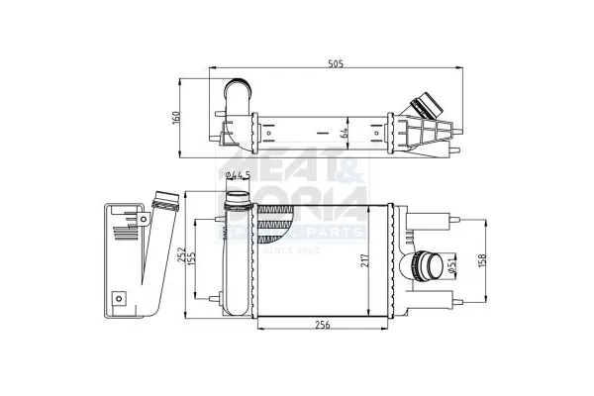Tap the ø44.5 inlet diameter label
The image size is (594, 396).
click(x=237, y=175)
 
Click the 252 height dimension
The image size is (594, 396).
click(x=196, y=252)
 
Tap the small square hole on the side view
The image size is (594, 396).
click(x=119, y=296)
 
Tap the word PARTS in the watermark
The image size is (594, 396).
click(x=337, y=234)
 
